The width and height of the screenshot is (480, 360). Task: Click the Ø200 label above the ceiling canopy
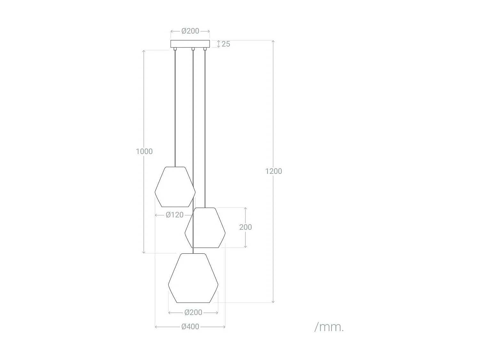click(190, 31)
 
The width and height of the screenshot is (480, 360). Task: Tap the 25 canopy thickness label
click(226, 44)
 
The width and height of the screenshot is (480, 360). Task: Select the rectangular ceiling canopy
click(190, 44)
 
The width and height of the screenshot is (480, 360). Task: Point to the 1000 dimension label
click(144, 151)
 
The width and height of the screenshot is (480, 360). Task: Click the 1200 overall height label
click(274, 171)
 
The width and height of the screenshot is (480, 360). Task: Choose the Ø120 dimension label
click(174, 215)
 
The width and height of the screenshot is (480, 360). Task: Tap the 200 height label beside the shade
click(245, 227)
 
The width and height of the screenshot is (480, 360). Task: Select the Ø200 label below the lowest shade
click(193, 312)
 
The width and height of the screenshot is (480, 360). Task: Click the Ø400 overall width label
click(190, 327)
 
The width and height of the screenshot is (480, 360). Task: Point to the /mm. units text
click(329, 327)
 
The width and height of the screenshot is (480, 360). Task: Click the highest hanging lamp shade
click(175, 187)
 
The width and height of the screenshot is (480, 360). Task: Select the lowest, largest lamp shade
click(193, 278)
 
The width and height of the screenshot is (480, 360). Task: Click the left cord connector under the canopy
click(175, 49)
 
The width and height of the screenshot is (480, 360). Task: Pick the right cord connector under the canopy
click(205, 49)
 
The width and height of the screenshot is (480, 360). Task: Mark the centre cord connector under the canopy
click(193, 49)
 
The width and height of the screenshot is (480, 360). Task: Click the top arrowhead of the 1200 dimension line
click(273, 42)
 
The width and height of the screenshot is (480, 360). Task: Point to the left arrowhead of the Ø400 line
click(156, 327)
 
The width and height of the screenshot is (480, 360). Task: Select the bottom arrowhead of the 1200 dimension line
click(273, 301)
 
